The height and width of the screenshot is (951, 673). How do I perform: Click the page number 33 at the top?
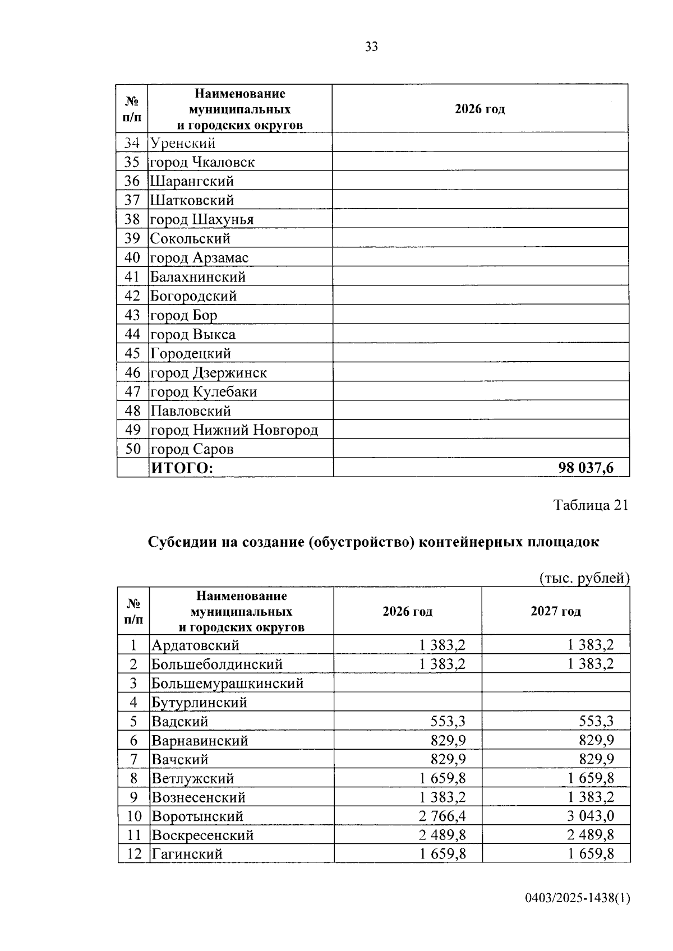(x=371, y=47)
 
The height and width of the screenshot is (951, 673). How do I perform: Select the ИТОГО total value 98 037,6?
(x=586, y=468)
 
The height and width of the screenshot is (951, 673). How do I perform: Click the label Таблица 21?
(x=591, y=505)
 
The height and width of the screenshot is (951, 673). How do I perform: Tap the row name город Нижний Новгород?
(x=234, y=430)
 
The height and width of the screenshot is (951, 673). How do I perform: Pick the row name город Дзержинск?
(x=208, y=373)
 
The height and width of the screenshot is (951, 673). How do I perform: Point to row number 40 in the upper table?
(x=132, y=258)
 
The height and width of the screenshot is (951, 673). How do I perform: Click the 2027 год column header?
(x=555, y=611)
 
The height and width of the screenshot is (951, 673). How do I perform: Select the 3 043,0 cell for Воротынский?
(x=590, y=816)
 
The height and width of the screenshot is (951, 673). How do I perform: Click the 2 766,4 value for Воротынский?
(x=442, y=816)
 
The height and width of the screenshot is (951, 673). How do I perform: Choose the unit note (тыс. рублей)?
(x=584, y=578)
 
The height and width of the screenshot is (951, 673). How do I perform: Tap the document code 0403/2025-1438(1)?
(x=578, y=898)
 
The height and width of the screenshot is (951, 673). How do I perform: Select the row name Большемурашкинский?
(x=227, y=683)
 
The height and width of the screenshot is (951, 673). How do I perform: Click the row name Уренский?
(x=183, y=144)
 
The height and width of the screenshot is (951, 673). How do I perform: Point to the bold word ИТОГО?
(x=182, y=468)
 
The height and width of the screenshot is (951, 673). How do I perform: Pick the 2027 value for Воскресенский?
(x=590, y=835)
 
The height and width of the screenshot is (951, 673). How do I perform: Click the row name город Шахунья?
(x=202, y=220)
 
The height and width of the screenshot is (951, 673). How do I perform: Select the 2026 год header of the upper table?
(x=480, y=109)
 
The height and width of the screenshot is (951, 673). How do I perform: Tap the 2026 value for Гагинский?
(x=442, y=855)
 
